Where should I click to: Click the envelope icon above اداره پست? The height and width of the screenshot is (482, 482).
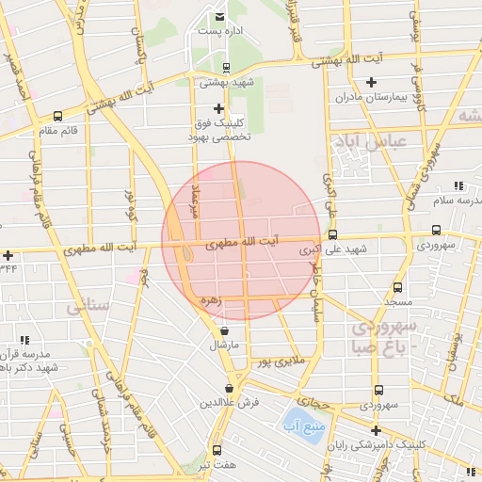(x=219, y=17)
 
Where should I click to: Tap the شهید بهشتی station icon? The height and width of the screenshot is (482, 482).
(x=225, y=67)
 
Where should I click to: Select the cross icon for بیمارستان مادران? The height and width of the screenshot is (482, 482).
(x=371, y=82)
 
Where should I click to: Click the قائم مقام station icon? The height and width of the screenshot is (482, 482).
(x=58, y=117)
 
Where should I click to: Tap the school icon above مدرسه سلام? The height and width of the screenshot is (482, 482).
(x=458, y=185)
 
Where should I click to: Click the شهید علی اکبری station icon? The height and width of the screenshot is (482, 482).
(x=332, y=234)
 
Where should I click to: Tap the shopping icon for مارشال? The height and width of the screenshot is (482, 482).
(x=224, y=331)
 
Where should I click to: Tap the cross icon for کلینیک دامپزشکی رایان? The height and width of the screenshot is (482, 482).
(x=376, y=430)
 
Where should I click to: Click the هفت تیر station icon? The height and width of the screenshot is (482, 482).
(x=217, y=450)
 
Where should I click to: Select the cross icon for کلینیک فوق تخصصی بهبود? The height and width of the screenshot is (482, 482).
(x=219, y=109)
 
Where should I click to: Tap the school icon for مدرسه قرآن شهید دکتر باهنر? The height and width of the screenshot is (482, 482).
(x=24, y=340)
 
